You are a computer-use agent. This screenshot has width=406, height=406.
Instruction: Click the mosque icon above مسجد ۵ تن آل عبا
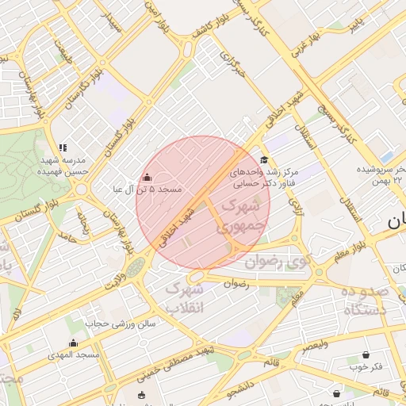(147, 178)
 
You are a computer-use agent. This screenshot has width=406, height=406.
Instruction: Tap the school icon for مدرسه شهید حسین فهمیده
(63, 147)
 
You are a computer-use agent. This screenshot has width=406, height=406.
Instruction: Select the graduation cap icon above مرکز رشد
(264, 159)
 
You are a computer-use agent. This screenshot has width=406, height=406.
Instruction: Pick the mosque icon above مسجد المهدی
(73, 343)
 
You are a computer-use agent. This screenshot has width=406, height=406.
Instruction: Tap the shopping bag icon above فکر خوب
(366, 354)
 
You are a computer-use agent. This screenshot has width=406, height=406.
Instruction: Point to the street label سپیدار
(110, 21)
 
